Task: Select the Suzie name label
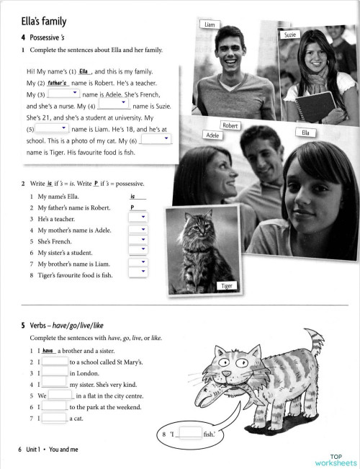289,34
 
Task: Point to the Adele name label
212,135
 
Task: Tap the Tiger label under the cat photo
227,286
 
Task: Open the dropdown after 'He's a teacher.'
138,218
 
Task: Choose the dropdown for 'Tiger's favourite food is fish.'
138,272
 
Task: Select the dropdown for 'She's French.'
138,240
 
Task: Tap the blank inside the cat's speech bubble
190,432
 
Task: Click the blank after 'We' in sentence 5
61,396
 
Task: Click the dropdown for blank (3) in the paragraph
59,94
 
